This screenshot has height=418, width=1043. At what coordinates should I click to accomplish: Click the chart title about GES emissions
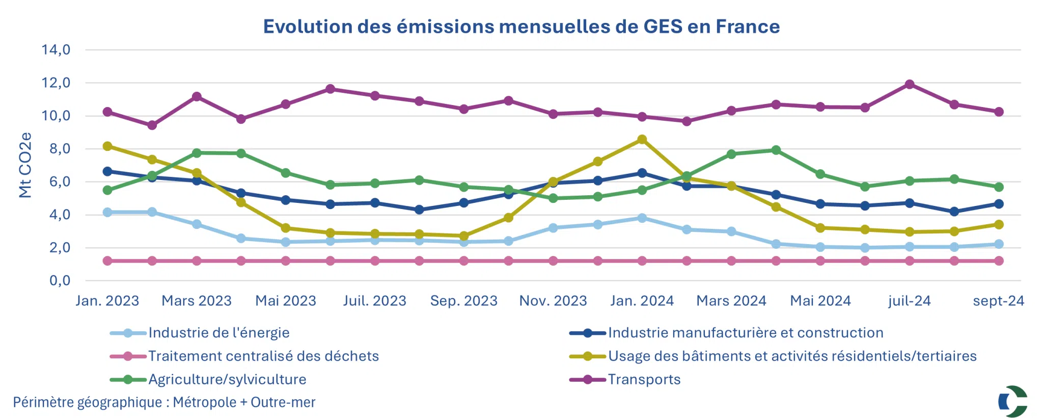[x=521, y=27]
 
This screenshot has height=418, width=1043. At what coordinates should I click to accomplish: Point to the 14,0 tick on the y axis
[x=56, y=50]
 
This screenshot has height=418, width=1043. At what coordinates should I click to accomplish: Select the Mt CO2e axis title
[x=25, y=165]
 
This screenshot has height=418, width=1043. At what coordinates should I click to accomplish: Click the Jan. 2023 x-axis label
[x=107, y=301]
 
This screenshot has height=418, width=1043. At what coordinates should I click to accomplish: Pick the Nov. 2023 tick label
[x=553, y=301]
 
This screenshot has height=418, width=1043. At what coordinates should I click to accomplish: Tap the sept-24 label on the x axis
[x=998, y=301]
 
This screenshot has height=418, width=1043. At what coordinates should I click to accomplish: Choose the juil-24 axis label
[x=910, y=301]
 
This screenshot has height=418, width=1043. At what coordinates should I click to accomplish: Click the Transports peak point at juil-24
[x=910, y=85]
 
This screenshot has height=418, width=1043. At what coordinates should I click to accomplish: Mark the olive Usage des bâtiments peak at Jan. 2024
[x=642, y=140]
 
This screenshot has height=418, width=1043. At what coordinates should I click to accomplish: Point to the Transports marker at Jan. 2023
[x=107, y=112]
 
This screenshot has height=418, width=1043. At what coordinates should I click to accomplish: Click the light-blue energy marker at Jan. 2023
[x=107, y=212]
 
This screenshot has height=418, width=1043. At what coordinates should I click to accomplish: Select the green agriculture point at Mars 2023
[x=197, y=153]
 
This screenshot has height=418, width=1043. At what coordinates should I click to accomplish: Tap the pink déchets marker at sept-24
[x=999, y=261]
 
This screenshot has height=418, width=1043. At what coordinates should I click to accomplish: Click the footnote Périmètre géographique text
[x=164, y=402]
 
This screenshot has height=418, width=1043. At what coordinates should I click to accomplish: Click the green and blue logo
[x=1012, y=401]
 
